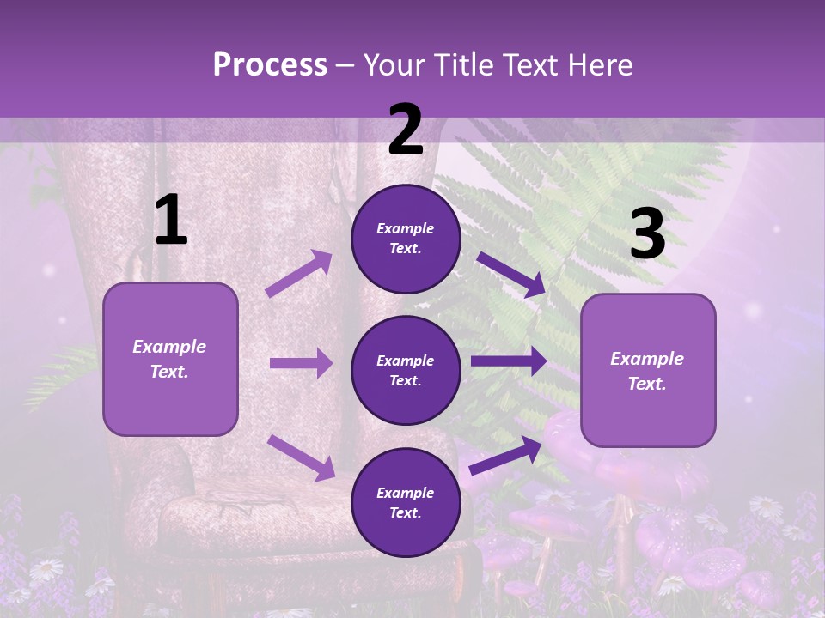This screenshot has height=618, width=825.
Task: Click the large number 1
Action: point(171,221)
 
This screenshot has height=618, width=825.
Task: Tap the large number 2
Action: point(405,130)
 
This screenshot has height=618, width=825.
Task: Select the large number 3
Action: point(647,234)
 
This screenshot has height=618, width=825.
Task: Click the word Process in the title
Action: point(270,64)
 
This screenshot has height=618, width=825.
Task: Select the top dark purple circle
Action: point(406,239)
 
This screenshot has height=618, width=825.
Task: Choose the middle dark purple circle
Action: point(406,370)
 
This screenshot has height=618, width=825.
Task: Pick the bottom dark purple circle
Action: point(406,502)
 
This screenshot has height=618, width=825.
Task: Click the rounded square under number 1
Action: point(170,359)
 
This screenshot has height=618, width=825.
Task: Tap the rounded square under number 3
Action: point(648,370)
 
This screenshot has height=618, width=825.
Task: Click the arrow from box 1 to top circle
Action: point(299,274)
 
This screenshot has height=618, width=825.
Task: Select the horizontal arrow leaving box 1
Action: point(301,363)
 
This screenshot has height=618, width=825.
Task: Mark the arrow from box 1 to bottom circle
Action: point(301,457)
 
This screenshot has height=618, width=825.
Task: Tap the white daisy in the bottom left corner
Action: point(46,568)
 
